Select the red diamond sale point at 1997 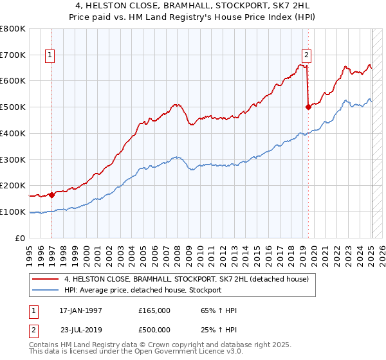[x=51, y=194]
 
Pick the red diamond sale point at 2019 [x=308, y=107]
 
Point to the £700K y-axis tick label [x=13, y=55]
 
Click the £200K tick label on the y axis [x=13, y=185]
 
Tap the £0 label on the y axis [x=20, y=238]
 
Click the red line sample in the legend [x=46, y=280]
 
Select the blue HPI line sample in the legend [x=46, y=291]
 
